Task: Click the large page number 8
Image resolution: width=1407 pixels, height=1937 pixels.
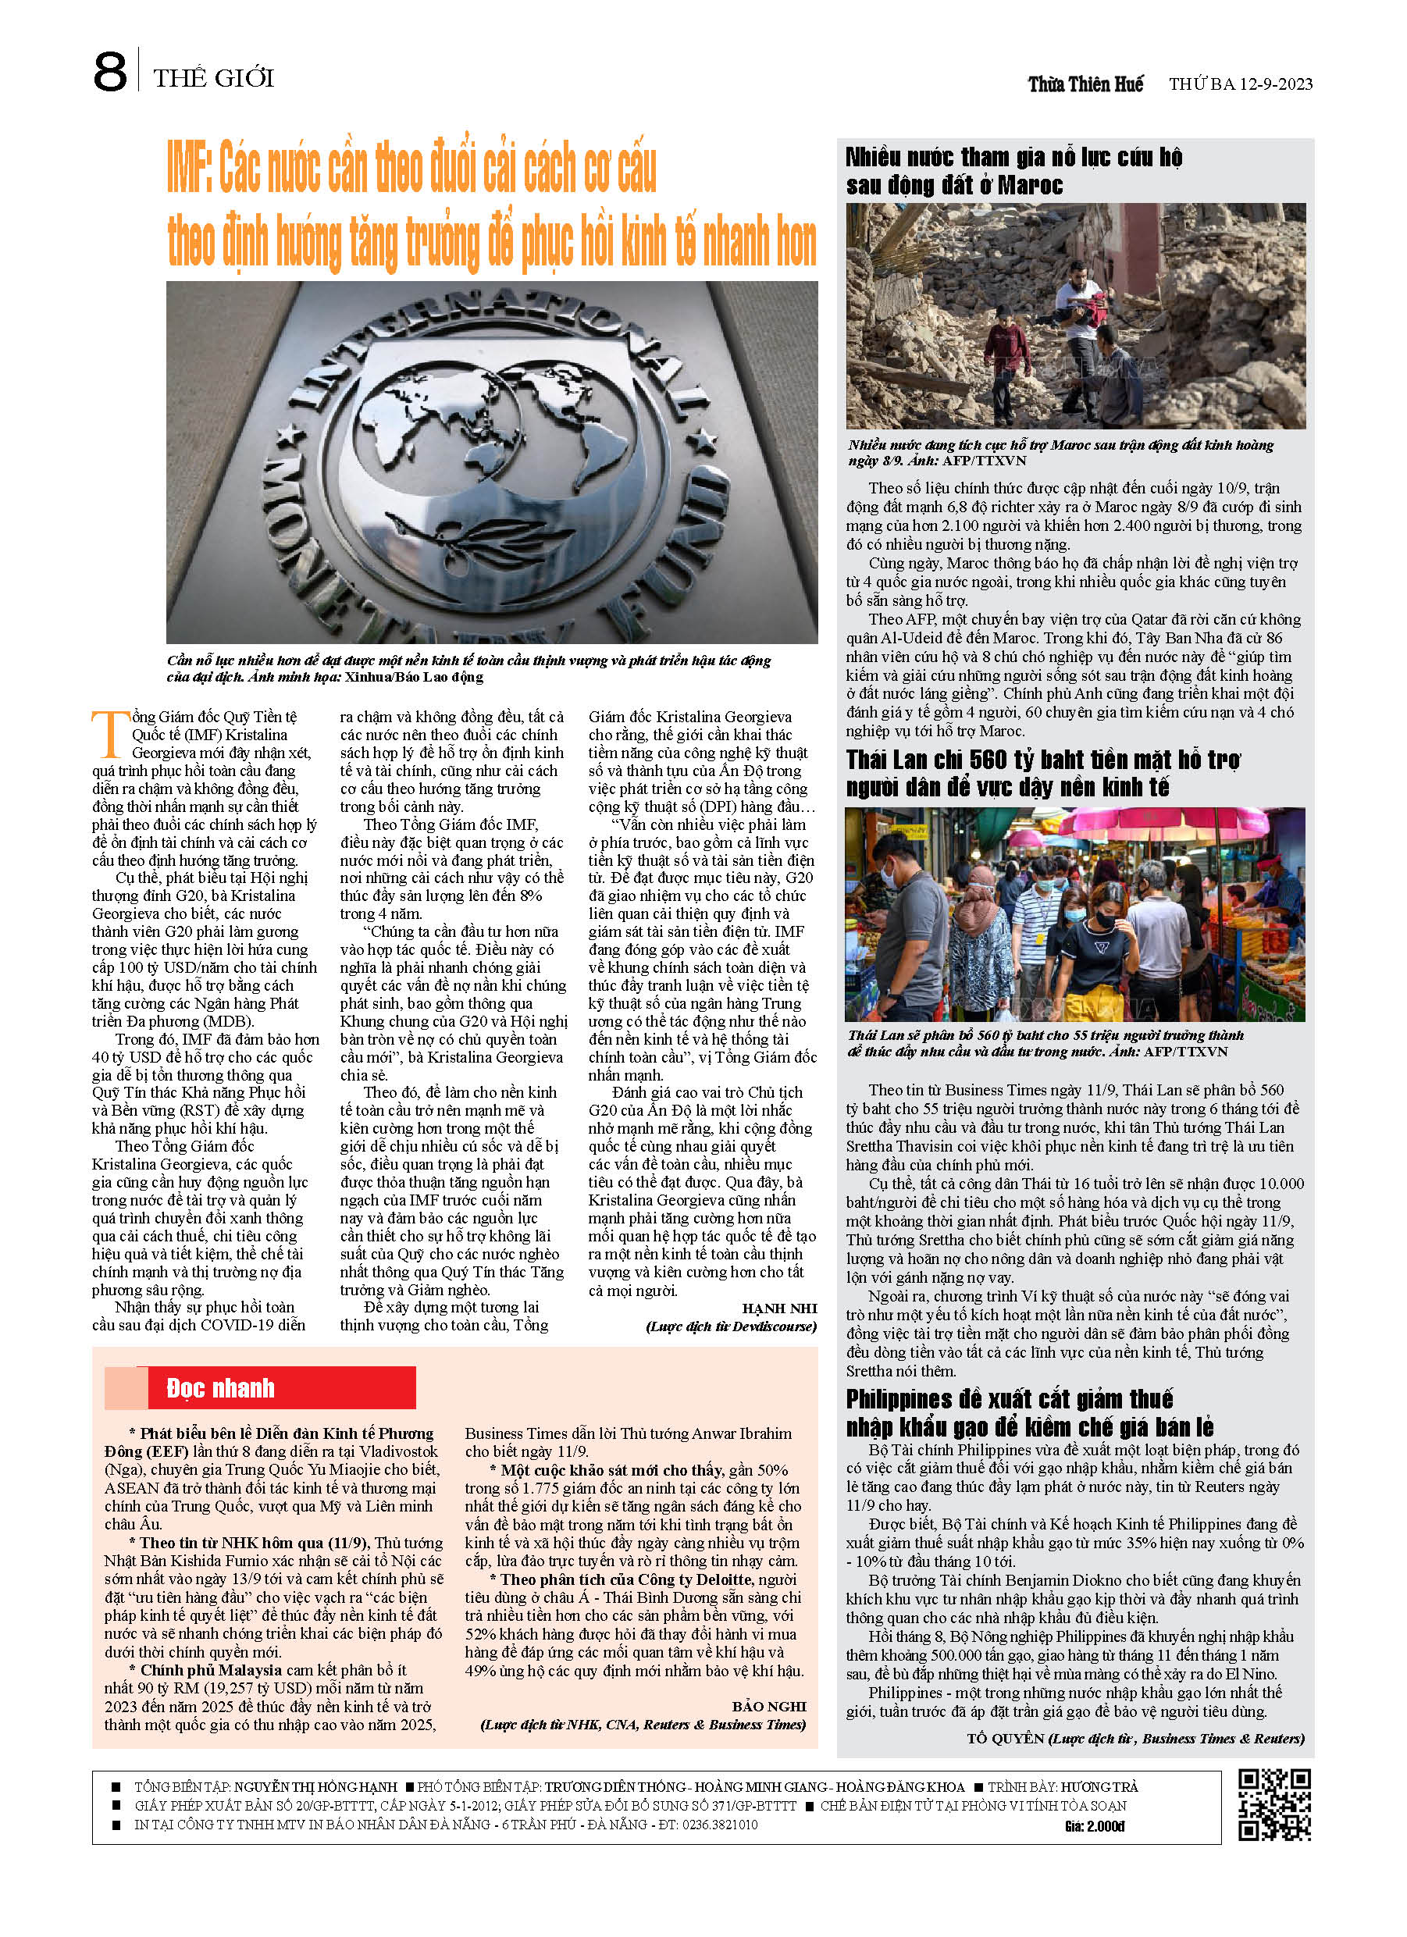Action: tap(110, 73)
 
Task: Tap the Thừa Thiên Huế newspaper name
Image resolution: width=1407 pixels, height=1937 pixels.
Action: tap(1085, 84)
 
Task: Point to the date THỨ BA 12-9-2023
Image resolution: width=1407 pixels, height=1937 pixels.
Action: tap(1241, 84)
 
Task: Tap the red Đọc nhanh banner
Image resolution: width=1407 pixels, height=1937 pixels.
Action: tap(260, 1388)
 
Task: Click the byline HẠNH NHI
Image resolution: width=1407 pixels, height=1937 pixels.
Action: tap(779, 1309)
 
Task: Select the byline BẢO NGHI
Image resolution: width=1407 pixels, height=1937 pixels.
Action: tap(769, 1707)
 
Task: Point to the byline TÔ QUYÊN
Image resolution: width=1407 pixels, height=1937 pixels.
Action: tap(1006, 1738)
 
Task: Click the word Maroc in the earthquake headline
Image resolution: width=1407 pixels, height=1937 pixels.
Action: tap(1029, 185)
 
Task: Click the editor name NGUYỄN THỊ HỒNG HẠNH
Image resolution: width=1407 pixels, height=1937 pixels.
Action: tap(315, 1786)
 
